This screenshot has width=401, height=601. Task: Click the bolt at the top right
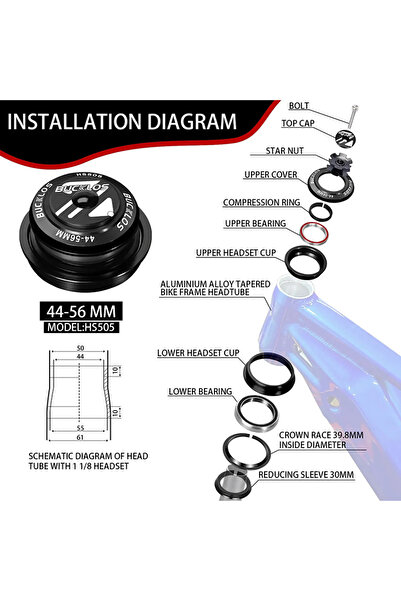click(x=353, y=116)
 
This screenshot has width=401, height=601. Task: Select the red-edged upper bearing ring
click(x=314, y=233)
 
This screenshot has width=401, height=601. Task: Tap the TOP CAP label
click(x=298, y=123)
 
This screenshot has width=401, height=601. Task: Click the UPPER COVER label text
click(x=271, y=174)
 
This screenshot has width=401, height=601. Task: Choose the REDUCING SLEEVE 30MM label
click(x=306, y=475)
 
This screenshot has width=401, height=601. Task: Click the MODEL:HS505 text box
click(x=81, y=327)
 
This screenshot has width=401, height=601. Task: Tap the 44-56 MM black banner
click(x=81, y=311)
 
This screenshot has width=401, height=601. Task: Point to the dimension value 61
click(x=80, y=437)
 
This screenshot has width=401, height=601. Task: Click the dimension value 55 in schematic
click(x=80, y=428)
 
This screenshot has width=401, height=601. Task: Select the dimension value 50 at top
click(x=80, y=348)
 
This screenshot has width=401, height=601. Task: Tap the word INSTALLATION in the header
click(x=74, y=122)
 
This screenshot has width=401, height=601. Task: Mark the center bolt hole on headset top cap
click(x=84, y=200)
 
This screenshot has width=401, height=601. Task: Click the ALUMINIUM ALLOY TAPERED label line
click(x=215, y=284)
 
